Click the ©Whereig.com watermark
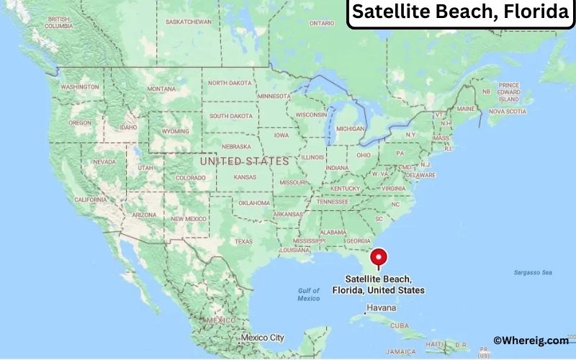[531, 341]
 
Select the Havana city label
[381, 307]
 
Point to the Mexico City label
[262, 337]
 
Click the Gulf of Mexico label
[308, 294]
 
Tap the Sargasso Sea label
[533, 272]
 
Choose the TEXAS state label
[244, 241]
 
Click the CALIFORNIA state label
[91, 199]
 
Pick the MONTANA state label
[161, 89]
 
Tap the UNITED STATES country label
[244, 161]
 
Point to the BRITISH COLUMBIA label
[59, 22]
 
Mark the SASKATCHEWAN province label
[188, 22]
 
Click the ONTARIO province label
[323, 23]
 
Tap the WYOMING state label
[176, 132]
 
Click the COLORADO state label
[190, 178]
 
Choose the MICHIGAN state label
[351, 129]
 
